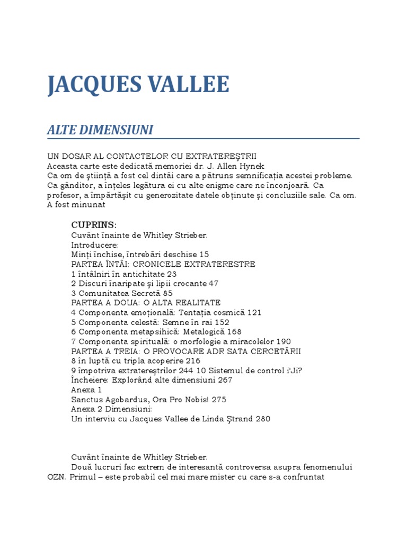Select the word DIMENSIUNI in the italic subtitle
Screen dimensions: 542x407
coord(119,130)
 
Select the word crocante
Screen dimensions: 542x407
coord(185,283)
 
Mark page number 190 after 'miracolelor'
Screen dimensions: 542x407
coord(284,341)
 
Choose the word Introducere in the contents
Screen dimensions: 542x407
coord(94,245)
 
